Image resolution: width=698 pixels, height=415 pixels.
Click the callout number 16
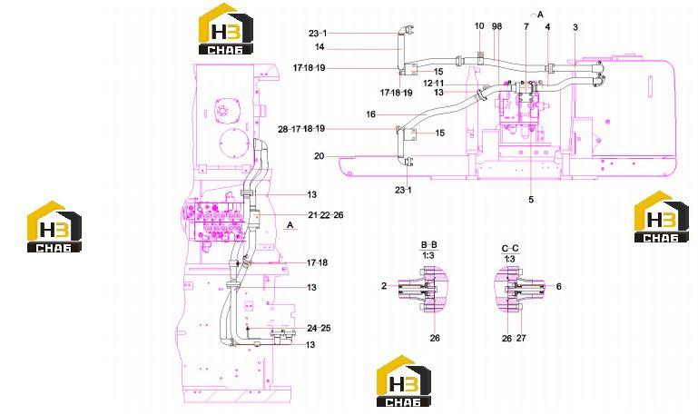(371, 114)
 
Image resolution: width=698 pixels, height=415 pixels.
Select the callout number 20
(320, 156)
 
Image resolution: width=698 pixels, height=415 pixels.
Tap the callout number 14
(320, 46)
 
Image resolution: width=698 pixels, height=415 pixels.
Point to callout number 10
(479, 25)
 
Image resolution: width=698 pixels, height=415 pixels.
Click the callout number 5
(531, 200)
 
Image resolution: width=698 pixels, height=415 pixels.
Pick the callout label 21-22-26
(326, 215)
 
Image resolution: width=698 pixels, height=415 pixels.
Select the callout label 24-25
(319, 328)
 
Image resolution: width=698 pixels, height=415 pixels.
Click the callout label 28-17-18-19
(301, 129)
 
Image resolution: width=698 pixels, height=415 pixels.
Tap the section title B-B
(429, 245)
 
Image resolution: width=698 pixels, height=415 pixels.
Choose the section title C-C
(510, 249)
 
